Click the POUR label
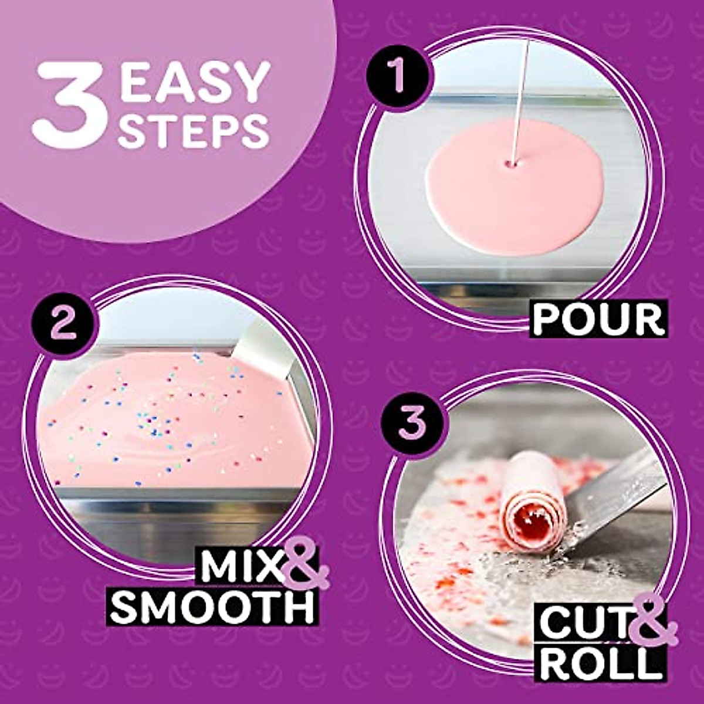598,319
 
